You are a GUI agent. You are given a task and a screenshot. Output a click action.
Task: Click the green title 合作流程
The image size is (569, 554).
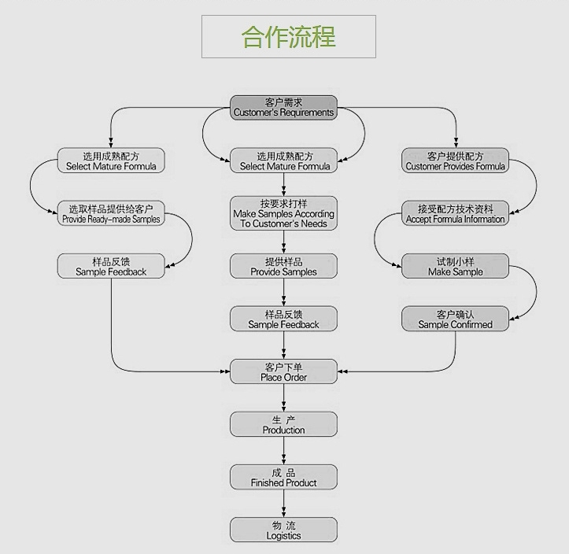[x=288, y=37]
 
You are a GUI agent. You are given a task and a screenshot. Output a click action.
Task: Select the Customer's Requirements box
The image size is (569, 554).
[x=283, y=108]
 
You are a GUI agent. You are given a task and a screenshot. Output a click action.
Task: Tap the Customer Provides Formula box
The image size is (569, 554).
[x=456, y=161]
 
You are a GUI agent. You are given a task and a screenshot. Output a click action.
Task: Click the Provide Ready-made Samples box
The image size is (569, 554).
[x=111, y=213]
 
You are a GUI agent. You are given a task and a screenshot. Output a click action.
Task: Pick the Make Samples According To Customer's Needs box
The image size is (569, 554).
[x=283, y=213]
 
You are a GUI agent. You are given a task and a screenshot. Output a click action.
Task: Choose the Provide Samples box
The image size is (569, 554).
[x=283, y=266]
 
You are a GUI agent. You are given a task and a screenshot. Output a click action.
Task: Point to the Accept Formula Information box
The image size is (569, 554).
[x=456, y=213]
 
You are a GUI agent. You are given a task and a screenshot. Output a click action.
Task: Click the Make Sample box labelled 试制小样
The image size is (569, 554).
[x=456, y=266]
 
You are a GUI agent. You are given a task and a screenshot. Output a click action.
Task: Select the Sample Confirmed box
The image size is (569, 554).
[x=456, y=319]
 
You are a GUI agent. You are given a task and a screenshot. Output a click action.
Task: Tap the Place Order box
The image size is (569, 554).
[x=283, y=371]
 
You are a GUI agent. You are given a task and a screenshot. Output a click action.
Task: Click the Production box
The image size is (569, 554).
[x=283, y=424]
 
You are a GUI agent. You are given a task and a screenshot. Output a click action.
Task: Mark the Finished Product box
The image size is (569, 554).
[x=283, y=477]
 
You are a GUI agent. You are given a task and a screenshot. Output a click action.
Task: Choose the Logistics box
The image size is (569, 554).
[x=283, y=530]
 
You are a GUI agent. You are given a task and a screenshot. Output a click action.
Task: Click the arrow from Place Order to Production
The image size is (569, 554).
[x=283, y=398]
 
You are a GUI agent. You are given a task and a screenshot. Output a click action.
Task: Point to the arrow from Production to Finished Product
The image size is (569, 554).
[x=283, y=451]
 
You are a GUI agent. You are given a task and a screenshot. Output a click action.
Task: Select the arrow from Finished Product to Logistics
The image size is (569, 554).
[x=283, y=504]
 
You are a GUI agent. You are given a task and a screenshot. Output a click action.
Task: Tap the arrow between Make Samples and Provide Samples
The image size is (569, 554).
[x=283, y=242]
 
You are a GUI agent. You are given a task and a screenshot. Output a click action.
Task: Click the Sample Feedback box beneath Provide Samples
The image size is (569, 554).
[x=283, y=319]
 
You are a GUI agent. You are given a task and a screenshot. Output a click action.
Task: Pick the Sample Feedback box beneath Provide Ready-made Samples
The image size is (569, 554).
[x=111, y=266]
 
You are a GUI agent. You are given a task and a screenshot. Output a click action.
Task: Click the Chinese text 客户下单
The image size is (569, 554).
[x=283, y=367]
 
